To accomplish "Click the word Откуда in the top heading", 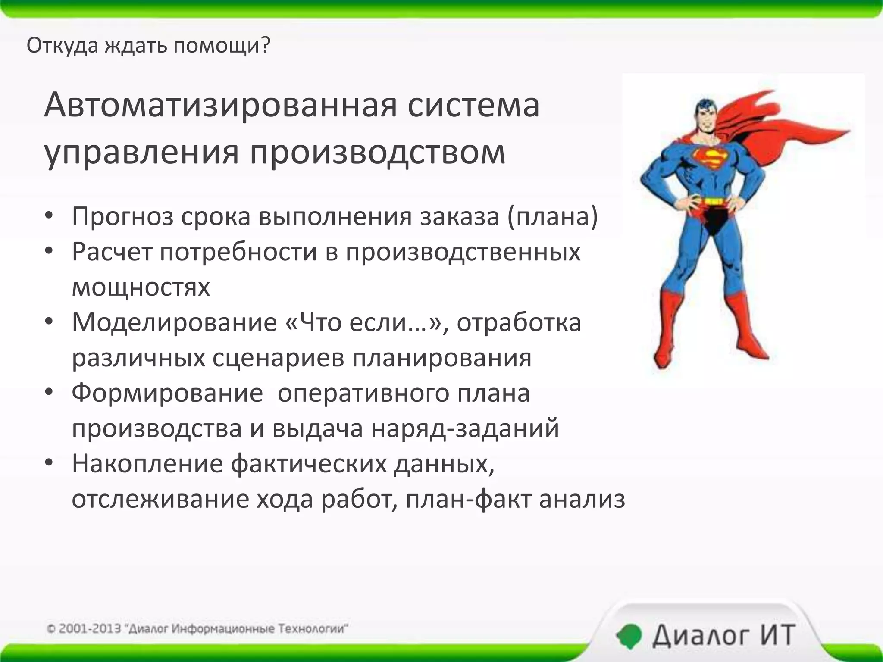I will (x=63, y=45).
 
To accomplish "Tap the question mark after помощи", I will (x=266, y=45).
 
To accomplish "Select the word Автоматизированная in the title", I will (x=220, y=105).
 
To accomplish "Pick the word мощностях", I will (x=141, y=287).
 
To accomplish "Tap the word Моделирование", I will (x=174, y=322).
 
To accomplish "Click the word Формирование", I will (x=167, y=393).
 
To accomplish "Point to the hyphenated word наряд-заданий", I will (x=465, y=428).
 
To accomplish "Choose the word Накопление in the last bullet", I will (x=147, y=464).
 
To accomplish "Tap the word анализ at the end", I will (x=582, y=500).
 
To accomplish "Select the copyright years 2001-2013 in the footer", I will (x=89, y=629).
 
